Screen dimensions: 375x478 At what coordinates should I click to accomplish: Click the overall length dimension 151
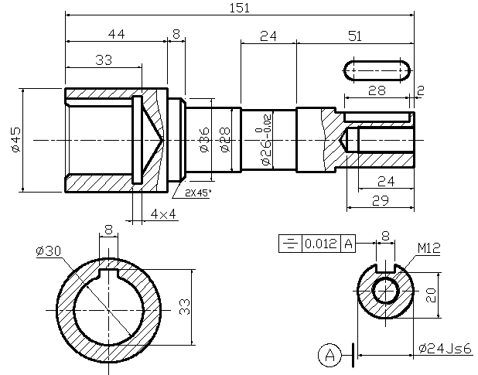click(238, 8)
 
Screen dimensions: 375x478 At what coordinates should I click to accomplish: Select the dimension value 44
click(116, 35)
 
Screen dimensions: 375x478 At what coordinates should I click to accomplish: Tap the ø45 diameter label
click(16, 139)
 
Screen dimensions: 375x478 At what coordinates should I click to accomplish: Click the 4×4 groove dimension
click(163, 213)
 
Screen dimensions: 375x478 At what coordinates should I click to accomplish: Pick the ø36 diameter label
click(205, 139)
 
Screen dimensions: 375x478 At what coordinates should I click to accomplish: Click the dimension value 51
click(354, 35)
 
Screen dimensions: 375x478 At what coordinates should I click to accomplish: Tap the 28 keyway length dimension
click(377, 90)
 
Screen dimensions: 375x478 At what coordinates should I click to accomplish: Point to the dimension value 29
click(379, 200)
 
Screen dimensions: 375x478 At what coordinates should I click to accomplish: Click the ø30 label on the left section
click(48, 251)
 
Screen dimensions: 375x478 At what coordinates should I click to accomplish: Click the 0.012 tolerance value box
click(320, 244)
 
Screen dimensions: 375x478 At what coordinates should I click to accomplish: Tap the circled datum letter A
click(330, 355)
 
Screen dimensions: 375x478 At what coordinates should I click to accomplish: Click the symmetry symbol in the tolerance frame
click(289, 244)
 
